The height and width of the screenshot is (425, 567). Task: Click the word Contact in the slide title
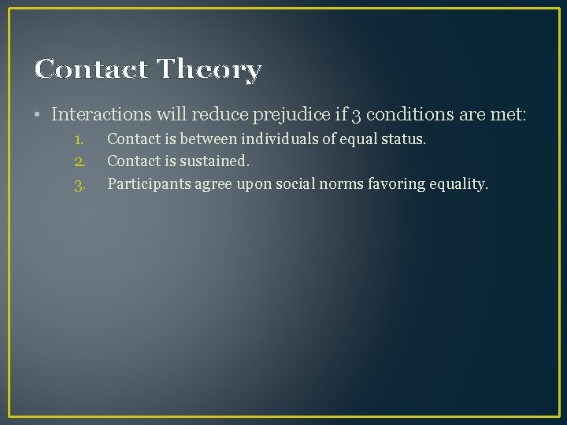click(x=91, y=70)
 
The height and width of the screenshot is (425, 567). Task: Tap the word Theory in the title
click(x=209, y=70)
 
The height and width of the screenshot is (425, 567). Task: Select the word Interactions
click(x=102, y=114)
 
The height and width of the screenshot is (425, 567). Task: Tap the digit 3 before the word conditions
click(x=357, y=115)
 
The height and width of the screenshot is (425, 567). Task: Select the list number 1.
click(x=78, y=139)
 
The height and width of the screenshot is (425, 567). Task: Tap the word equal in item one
click(x=360, y=140)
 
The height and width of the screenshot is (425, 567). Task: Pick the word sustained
click(x=217, y=161)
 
